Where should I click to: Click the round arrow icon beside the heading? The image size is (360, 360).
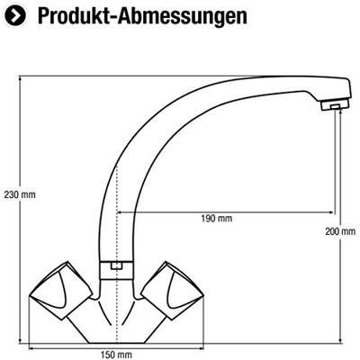click(x=15, y=16)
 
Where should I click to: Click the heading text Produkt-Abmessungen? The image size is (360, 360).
click(x=142, y=16)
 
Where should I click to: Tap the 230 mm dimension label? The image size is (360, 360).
click(x=20, y=194)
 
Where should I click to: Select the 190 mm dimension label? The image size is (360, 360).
click(x=216, y=219)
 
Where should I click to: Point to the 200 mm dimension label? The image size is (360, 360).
click(x=340, y=231)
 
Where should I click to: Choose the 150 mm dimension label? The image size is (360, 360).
click(x=116, y=355)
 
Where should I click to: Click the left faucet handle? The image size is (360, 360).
click(x=61, y=285)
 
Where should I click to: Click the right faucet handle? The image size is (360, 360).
click(x=173, y=285)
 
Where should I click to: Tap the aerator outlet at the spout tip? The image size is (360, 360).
click(x=335, y=105)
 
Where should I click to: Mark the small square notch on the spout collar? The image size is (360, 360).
click(x=115, y=265)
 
